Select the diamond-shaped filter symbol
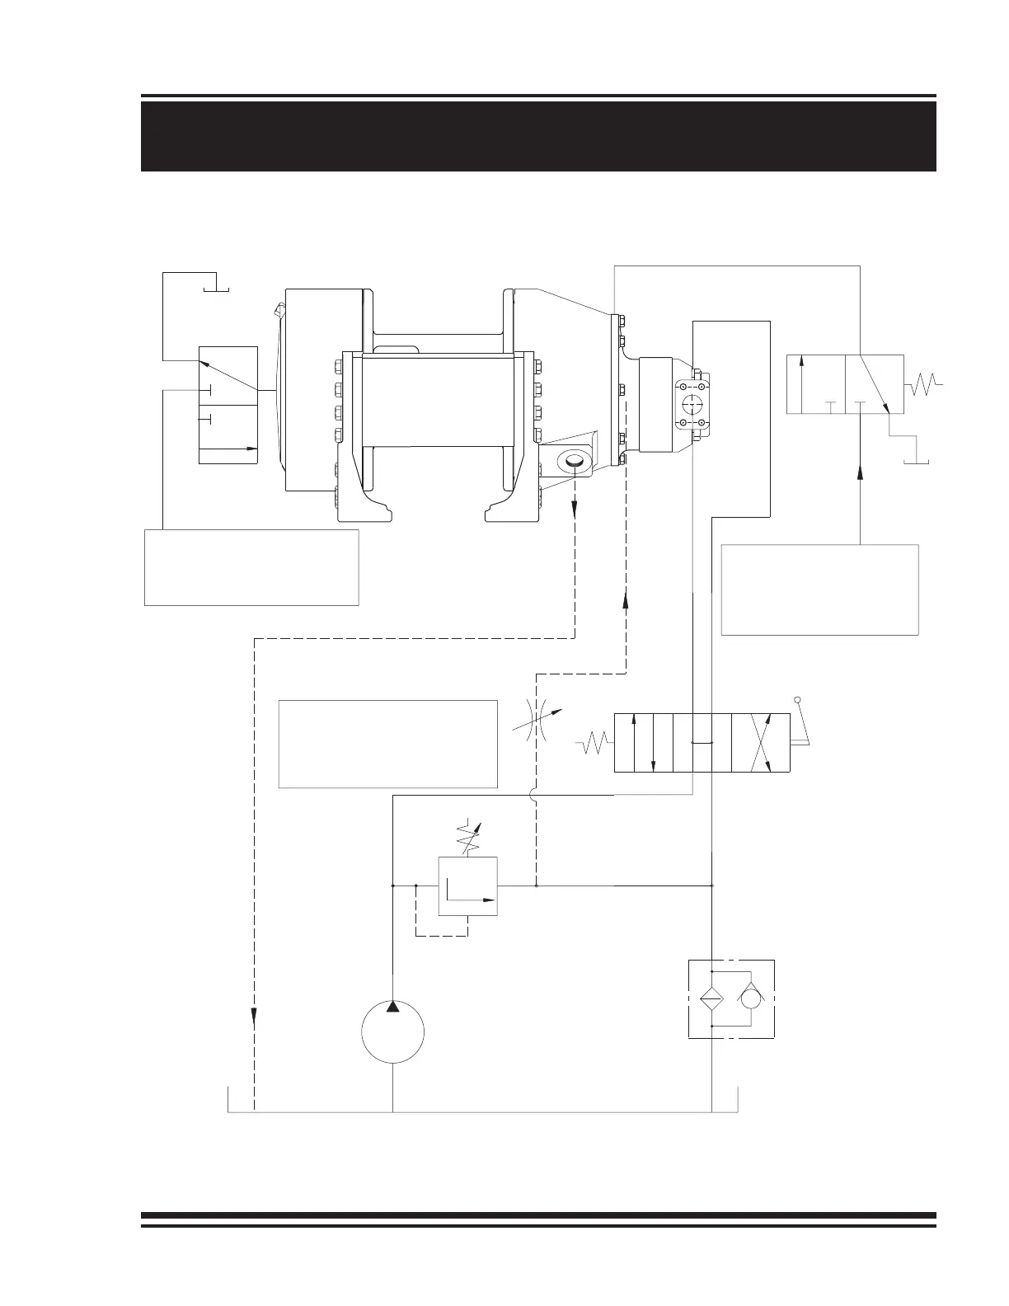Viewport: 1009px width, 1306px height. coord(711,998)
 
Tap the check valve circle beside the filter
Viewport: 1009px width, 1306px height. coord(751,998)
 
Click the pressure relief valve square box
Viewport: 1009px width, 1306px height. coord(467,886)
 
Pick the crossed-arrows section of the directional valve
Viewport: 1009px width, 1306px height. coord(760,743)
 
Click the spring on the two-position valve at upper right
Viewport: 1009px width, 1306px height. coord(924,383)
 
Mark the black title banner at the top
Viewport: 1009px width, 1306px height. coord(538,136)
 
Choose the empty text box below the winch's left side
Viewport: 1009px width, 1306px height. coord(251,567)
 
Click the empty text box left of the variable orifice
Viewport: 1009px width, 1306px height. coord(388,744)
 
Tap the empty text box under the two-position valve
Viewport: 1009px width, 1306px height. coord(819,590)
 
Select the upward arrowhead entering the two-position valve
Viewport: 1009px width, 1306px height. coord(861,472)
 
